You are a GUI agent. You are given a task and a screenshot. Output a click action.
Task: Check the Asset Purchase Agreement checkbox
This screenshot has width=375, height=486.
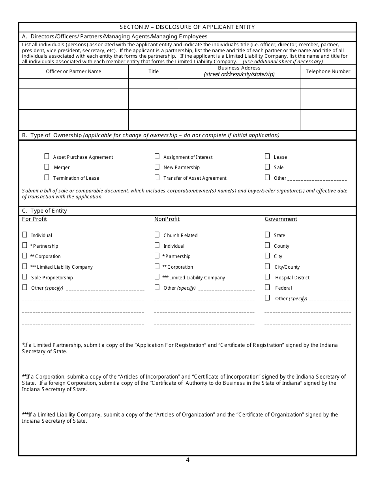point(47,156)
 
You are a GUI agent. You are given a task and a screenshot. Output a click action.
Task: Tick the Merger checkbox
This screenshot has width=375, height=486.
point(47,167)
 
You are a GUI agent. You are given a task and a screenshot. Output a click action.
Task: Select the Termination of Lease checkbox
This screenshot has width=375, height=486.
point(47,177)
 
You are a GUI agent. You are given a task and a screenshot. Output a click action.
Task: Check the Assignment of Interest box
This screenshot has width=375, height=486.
point(157,156)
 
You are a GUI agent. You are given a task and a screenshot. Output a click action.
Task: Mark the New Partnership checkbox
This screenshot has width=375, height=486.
point(157,167)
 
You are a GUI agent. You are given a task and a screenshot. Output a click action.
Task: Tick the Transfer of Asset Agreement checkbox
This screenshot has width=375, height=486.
point(157,177)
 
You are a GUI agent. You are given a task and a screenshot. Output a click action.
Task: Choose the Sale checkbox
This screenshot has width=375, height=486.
point(267,167)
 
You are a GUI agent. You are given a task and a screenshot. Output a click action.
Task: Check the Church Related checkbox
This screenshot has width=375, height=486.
point(157,235)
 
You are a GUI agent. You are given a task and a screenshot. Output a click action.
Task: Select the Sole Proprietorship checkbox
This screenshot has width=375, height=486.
point(25,277)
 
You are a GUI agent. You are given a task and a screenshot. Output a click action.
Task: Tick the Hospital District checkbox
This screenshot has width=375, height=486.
point(267,277)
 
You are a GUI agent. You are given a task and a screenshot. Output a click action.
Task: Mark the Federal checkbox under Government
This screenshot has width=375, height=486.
point(267,287)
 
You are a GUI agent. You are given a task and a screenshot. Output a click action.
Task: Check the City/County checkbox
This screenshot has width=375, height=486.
point(267,266)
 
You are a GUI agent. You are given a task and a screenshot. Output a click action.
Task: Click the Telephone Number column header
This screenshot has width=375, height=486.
point(328,72)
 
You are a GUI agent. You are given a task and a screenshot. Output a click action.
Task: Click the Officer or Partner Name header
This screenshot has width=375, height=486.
point(73,72)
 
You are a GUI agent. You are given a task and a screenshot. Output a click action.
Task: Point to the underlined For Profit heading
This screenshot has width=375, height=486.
point(34,219)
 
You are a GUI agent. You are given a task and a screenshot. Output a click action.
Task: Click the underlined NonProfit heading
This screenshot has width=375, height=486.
point(167,219)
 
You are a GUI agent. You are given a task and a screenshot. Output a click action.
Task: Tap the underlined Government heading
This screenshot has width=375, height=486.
point(281,219)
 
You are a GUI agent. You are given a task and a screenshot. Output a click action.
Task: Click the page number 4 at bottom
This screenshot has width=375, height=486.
point(187,460)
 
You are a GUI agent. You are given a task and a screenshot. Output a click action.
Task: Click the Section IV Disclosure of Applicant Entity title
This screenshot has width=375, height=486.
point(187,27)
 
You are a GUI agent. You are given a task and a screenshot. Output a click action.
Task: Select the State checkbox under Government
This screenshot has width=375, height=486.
point(267,235)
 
